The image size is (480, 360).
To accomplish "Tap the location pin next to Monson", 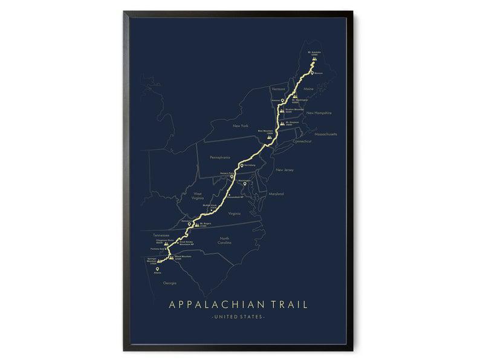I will point(312,73).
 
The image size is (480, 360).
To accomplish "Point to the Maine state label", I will point(309,89).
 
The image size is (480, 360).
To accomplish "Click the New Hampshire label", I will point(319,113).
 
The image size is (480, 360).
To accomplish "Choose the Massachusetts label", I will point(325,134).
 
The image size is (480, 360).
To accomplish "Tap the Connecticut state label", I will point(300,141).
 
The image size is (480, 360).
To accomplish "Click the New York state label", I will point(241,126).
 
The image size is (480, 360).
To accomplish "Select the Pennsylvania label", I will point(220,156).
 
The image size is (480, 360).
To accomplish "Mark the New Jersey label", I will point(284,170).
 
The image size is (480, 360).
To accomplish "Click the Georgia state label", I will point(170,283).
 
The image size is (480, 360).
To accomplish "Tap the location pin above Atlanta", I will point(158,270).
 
